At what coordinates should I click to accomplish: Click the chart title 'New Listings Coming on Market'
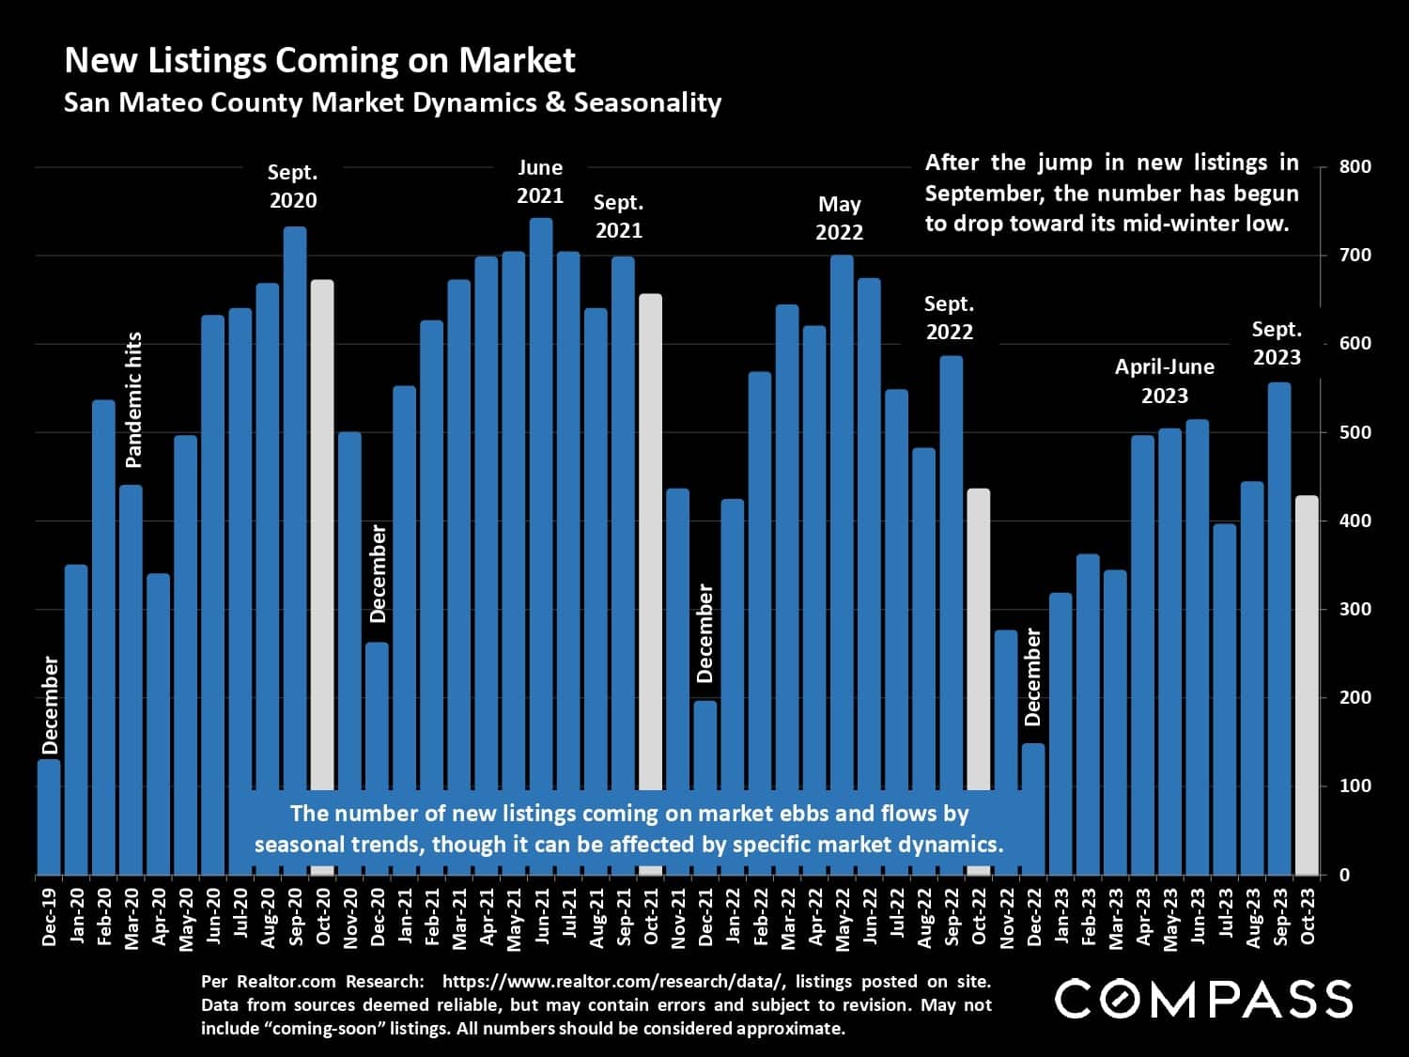pos(319,60)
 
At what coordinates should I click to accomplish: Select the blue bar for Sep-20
pos(295,507)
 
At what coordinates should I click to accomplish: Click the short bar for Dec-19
pos(49,817)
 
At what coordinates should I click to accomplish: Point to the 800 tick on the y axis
pos(1355,167)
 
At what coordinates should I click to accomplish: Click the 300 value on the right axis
pos(1355,609)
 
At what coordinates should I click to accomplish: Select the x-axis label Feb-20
pos(103,916)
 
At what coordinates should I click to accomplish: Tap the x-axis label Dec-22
pos(1033,916)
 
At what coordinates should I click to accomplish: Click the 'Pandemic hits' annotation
pos(133,399)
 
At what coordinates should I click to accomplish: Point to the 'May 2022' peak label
pos(839,218)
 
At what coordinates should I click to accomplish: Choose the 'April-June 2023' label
pos(1164,381)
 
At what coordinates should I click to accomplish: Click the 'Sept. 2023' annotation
pos(1277,343)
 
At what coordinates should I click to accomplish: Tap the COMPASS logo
pos(1203,999)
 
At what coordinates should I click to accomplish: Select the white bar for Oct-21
pos(650,536)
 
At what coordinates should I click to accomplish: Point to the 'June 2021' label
pos(540,181)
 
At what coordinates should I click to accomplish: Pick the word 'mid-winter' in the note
pos(1159,224)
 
